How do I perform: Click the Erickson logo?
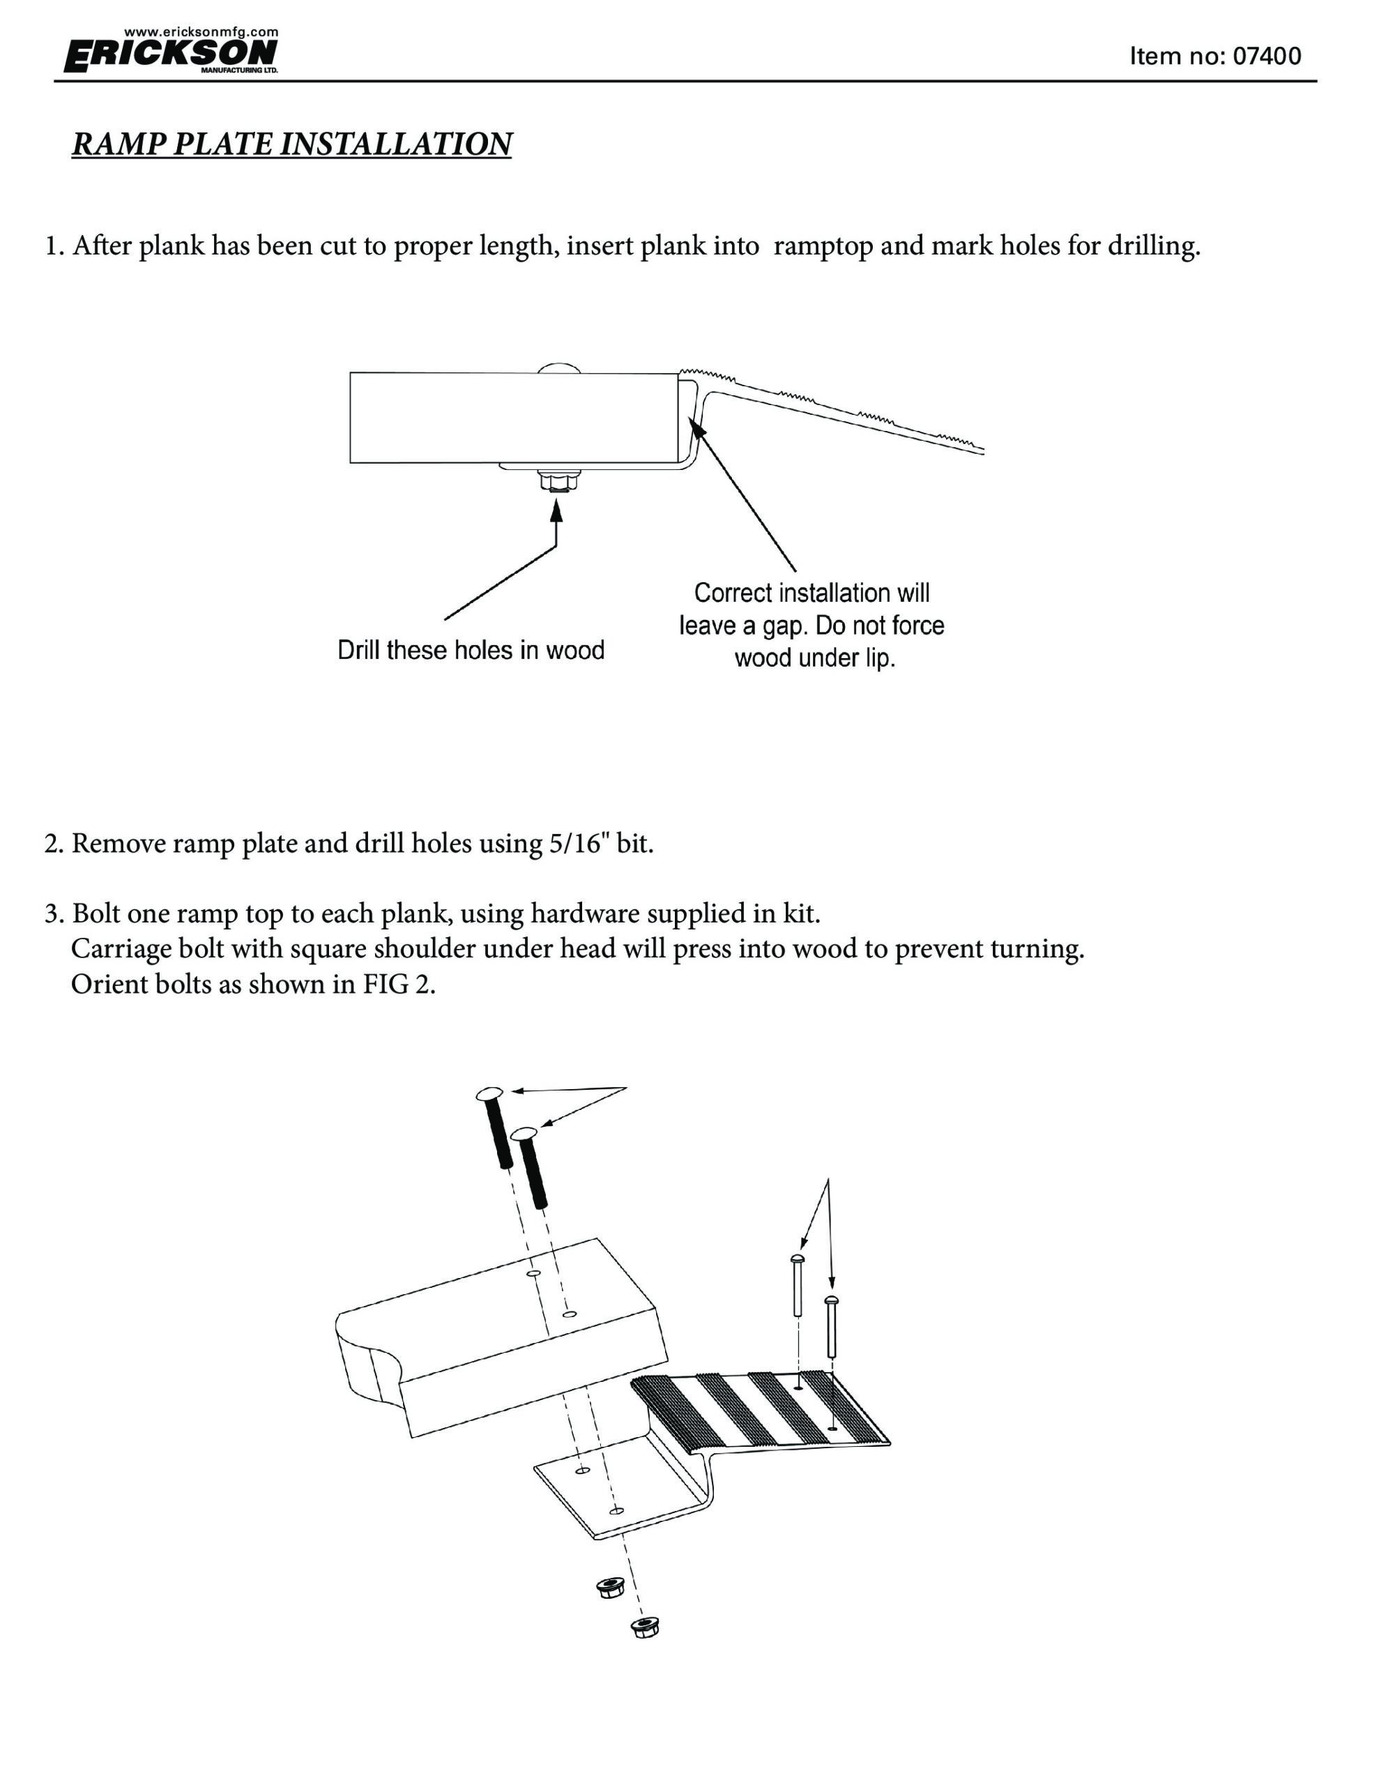(171, 56)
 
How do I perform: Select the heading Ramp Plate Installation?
(292, 144)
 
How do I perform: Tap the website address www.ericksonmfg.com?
(201, 32)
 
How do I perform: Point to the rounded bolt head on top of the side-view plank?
(559, 367)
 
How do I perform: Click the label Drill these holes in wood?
(471, 651)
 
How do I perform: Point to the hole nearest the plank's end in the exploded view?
(570, 1314)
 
